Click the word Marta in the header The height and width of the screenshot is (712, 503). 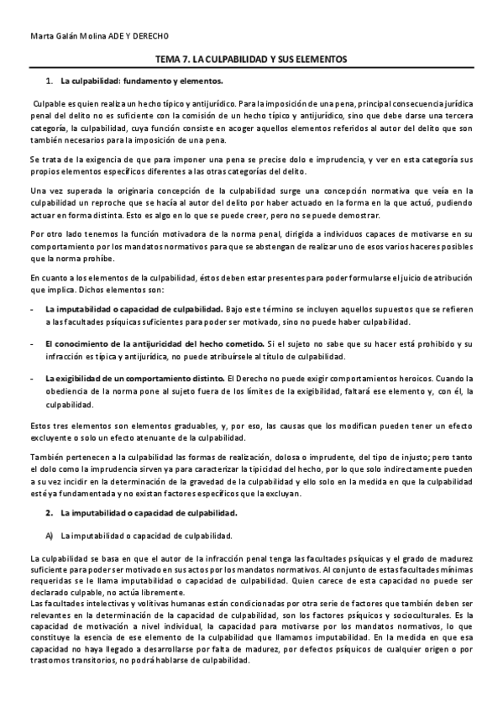click(40, 35)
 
